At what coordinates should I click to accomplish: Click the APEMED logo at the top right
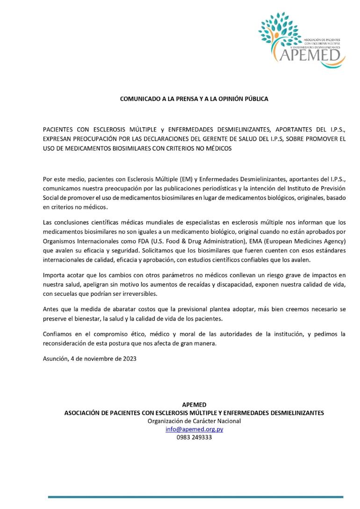[x=302, y=39]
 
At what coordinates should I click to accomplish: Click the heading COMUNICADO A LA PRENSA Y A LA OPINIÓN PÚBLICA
[x=194, y=99]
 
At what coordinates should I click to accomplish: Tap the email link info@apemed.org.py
[x=194, y=429]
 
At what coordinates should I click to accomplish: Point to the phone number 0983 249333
[x=194, y=437]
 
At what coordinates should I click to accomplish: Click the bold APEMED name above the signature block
[x=194, y=404]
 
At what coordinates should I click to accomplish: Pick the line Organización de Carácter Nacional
[x=194, y=421]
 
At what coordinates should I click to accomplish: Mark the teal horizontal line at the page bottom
[x=195, y=497]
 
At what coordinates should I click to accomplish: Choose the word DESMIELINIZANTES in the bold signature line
[x=296, y=413]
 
